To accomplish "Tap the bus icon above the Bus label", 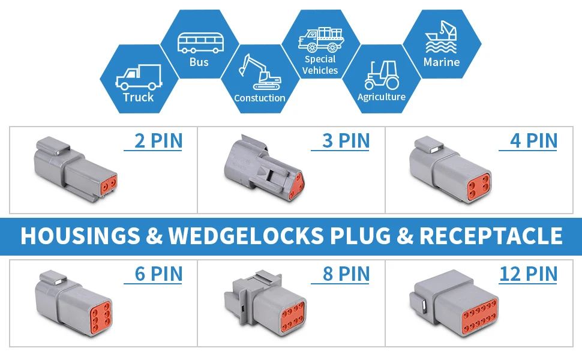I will point(199,43).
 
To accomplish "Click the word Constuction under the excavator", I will point(260,98).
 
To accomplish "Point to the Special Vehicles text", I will point(320,65).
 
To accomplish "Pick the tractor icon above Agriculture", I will point(381,74).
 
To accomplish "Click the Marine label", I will point(442,62).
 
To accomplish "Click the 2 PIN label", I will point(158,141).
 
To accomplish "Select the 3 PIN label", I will point(346,141).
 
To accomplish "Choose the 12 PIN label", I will point(529,274).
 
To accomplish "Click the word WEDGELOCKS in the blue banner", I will point(245,236).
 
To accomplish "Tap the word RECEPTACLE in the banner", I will point(491,236).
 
